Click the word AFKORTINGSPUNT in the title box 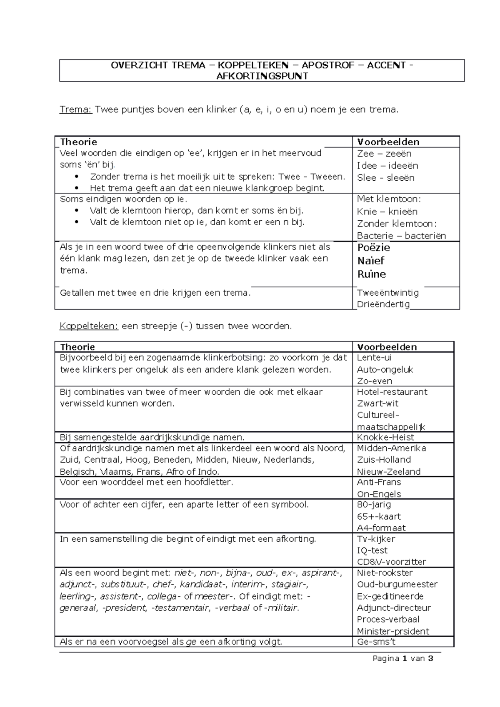click(262, 76)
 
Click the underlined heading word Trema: click(75, 110)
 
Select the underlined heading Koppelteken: click(89, 326)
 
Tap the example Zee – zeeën click(384, 154)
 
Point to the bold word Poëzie click(374, 248)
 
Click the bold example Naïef click(371, 261)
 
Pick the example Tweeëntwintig click(388, 293)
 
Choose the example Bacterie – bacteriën click(401, 236)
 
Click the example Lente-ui click(374, 358)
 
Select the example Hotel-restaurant click(392, 392)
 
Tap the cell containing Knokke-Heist click(385, 437)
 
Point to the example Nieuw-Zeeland click(389, 472)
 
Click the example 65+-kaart click(379, 516)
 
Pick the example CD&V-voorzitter click(391, 562)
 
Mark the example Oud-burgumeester click(397, 584)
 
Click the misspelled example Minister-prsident click(393, 631)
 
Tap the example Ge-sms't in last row click(376, 642)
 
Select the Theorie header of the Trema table click(79, 142)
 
